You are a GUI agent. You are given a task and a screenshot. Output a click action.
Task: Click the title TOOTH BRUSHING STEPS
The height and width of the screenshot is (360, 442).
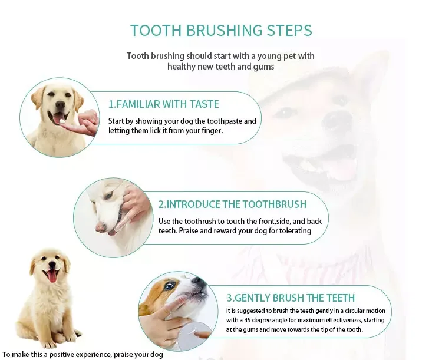coord(220,31)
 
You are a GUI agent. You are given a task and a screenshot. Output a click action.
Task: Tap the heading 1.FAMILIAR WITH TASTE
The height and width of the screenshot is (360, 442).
coord(163,104)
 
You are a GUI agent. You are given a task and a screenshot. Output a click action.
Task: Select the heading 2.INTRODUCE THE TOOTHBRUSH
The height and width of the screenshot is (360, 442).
coord(232,204)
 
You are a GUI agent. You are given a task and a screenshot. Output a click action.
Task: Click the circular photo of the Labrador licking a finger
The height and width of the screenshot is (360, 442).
coord(59,117)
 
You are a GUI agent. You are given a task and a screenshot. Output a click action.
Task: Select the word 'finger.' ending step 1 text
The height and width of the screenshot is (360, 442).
coord(210,130)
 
